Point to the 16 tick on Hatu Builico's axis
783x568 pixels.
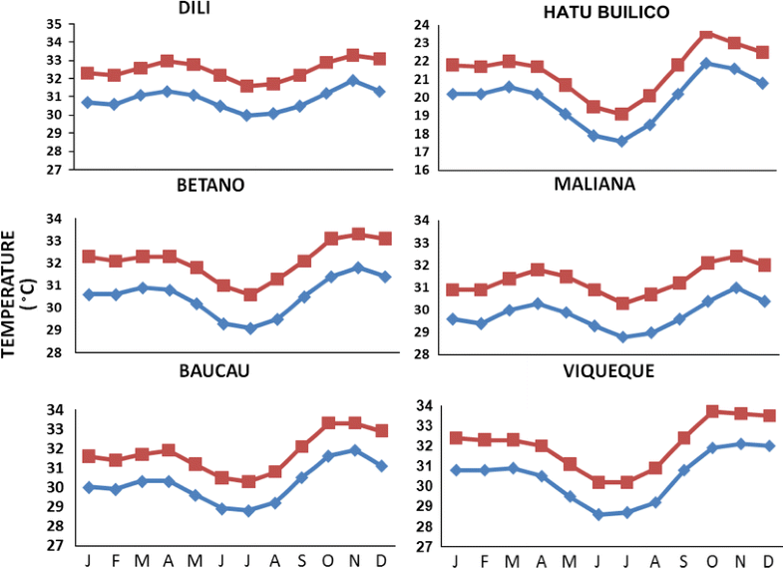click(422, 171)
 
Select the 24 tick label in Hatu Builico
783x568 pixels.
click(422, 25)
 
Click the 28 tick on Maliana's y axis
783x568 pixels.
click(422, 353)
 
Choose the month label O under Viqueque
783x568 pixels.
click(684, 559)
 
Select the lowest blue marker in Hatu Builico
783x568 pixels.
click(621, 141)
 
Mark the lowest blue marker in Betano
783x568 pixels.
click(250, 327)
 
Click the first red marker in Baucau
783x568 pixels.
click(89, 456)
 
